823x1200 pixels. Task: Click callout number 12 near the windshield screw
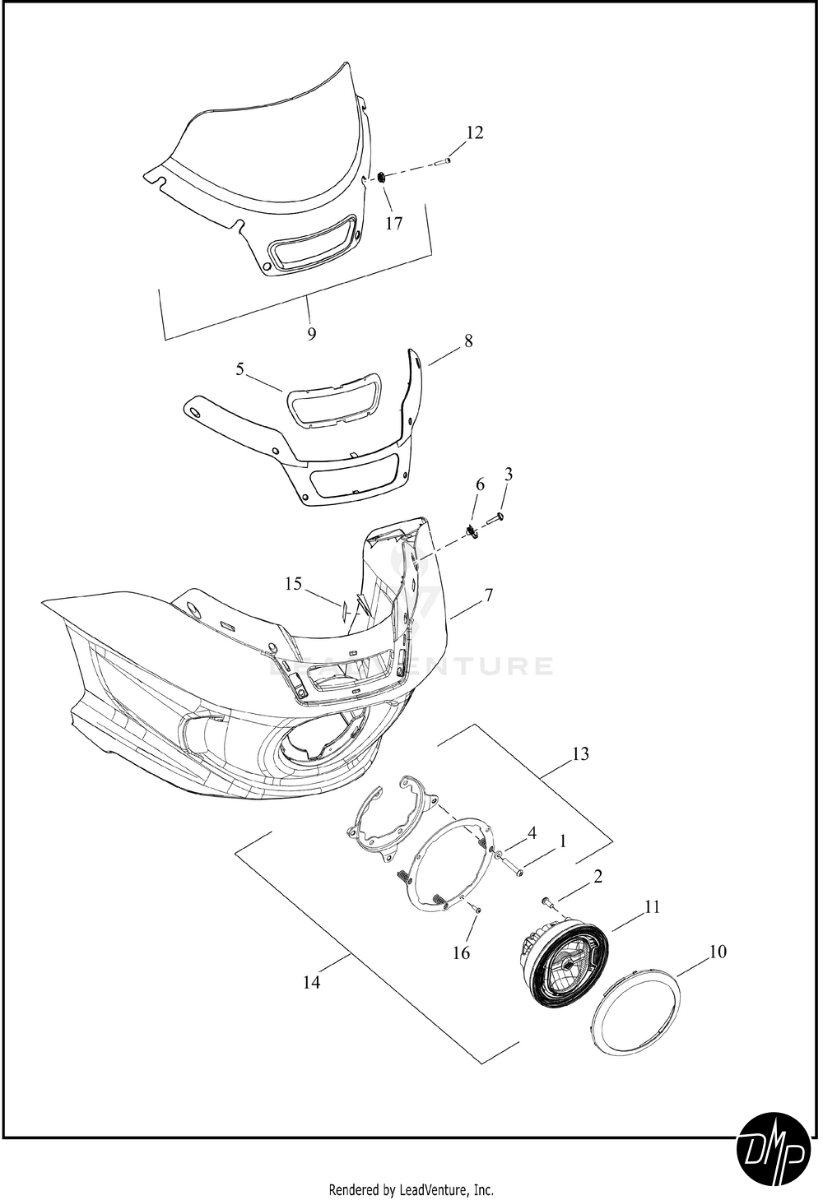tap(475, 132)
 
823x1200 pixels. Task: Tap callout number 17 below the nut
tap(394, 223)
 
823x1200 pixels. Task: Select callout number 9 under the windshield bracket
tap(312, 333)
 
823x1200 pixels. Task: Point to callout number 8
tap(468, 341)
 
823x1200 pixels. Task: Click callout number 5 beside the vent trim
tap(239, 368)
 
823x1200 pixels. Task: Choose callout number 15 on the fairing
tap(294, 583)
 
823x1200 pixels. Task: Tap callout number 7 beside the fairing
tap(488, 595)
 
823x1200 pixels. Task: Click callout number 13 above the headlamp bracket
tap(580, 753)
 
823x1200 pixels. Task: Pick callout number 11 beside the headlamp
tap(652, 906)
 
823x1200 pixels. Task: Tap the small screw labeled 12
tap(444, 160)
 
